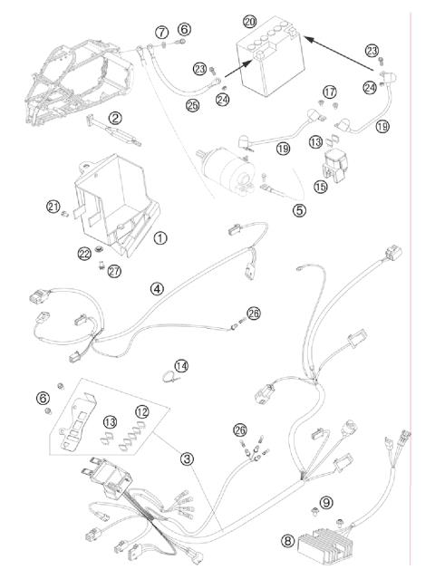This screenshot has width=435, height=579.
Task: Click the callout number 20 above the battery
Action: [250, 20]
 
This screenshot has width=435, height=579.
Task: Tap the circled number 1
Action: [160, 238]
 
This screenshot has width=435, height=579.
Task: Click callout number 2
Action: [116, 118]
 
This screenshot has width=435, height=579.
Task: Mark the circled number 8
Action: [288, 542]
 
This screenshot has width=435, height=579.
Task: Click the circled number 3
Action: [187, 458]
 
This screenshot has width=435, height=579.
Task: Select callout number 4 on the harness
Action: [157, 289]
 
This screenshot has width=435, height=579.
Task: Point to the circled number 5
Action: [300, 209]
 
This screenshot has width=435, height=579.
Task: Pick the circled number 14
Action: [182, 366]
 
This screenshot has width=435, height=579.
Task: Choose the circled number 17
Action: [330, 92]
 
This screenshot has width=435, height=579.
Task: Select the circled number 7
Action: [161, 32]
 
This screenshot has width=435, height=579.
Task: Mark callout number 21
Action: [53, 207]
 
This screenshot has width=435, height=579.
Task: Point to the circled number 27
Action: [114, 272]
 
